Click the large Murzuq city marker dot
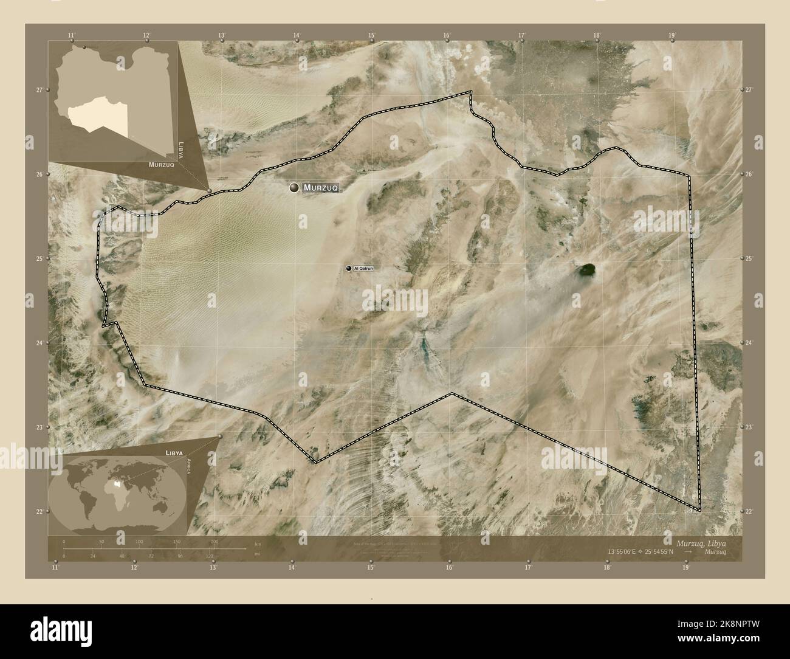click(295, 188)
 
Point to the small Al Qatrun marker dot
click(349, 268)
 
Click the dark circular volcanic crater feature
click(586, 269)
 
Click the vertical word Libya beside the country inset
click(180, 149)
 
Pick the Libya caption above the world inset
click(174, 453)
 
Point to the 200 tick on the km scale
click(214, 541)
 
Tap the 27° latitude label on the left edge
click(38, 90)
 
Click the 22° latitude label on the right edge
click(749, 512)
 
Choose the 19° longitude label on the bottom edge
click(685, 568)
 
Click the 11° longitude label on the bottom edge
click(55, 568)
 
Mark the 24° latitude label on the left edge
click(38, 343)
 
